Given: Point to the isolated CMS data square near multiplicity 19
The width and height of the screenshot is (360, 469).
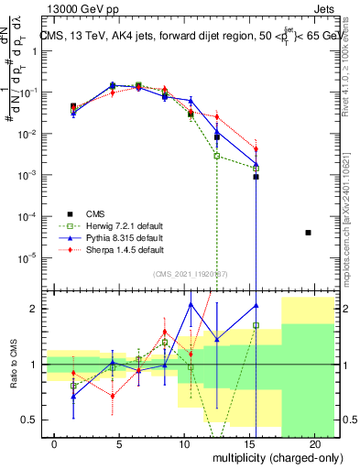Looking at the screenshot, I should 308,233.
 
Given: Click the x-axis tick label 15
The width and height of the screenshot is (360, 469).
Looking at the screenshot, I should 249,443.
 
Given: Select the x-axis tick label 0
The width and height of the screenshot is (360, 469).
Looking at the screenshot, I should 55,443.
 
